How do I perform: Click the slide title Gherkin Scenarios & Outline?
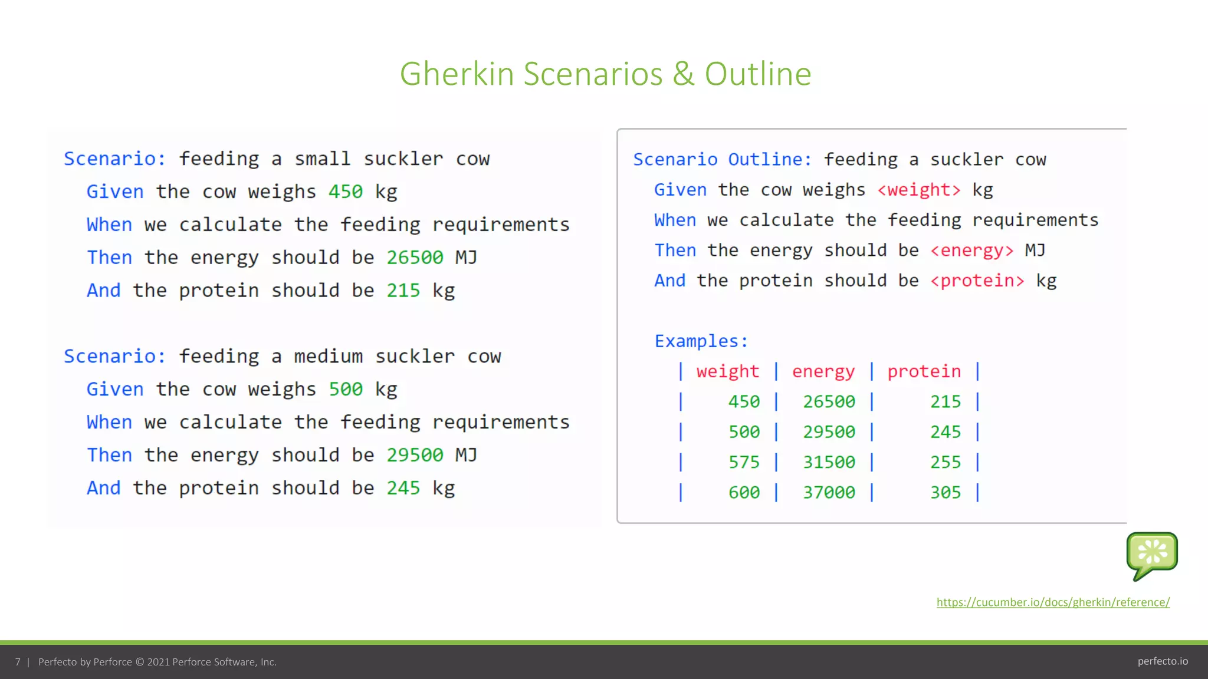click(605, 74)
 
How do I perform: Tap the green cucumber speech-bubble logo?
click(1151, 554)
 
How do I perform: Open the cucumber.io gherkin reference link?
click(1053, 602)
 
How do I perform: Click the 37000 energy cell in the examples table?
click(829, 492)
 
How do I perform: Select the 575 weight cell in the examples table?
click(744, 462)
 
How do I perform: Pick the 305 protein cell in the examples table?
click(945, 492)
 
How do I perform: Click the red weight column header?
click(727, 371)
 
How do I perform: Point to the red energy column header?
click(823, 371)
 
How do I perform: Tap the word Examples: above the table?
click(701, 341)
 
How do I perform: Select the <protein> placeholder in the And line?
click(977, 281)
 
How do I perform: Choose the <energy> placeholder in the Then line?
click(972, 250)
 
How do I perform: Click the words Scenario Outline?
click(722, 160)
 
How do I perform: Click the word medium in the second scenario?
click(328, 357)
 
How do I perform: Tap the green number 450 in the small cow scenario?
click(345, 192)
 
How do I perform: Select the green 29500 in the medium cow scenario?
click(415, 455)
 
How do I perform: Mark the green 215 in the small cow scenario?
click(403, 291)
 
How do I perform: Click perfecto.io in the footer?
click(1163, 661)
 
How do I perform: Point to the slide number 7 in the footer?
click(18, 662)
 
